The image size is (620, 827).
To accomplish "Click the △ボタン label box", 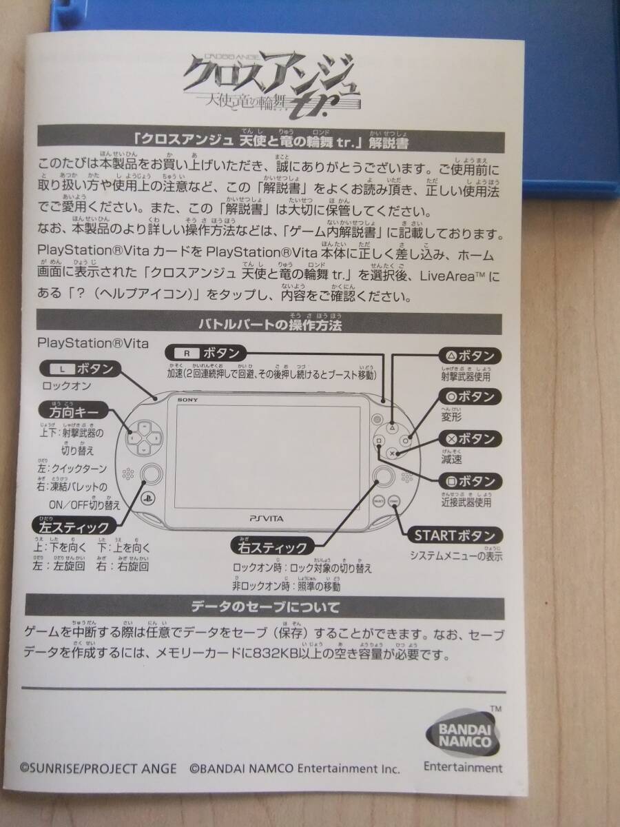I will (x=468, y=356).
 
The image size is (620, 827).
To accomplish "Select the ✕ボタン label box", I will (x=468, y=439).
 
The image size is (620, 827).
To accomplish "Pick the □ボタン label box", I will (x=468, y=481).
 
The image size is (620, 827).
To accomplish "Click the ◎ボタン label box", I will (x=468, y=397).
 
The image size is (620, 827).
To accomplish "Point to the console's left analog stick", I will (x=152, y=474).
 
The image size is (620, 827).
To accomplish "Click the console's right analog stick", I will (x=382, y=474).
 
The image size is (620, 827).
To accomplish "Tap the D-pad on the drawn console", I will (x=143, y=436).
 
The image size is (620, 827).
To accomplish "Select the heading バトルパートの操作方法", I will (x=270, y=322).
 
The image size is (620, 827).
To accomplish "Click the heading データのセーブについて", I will (x=265, y=607).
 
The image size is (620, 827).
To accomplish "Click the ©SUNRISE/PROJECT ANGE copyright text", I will (x=98, y=768).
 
